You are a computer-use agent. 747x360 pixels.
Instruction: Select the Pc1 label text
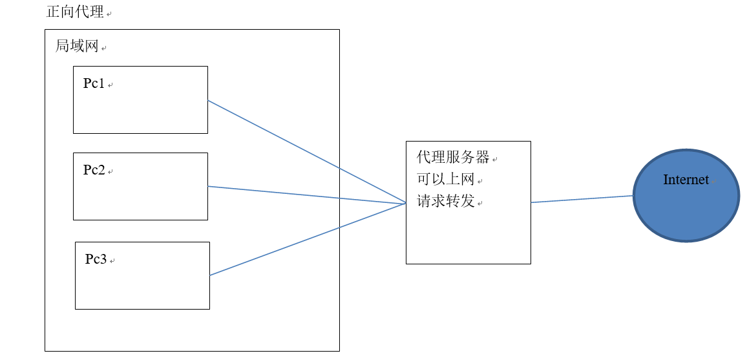tap(94, 83)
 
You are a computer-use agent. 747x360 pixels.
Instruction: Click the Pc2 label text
tap(94, 170)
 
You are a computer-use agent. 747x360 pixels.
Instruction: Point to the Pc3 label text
tap(96, 259)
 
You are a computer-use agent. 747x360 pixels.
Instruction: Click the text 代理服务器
tap(453, 158)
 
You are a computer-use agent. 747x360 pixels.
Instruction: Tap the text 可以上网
tap(446, 179)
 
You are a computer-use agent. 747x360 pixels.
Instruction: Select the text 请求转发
tap(446, 201)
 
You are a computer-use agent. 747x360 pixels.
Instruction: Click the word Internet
tap(686, 180)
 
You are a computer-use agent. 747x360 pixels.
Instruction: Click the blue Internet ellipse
tap(686, 213)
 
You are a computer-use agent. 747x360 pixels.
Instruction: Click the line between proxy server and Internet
tap(582, 199)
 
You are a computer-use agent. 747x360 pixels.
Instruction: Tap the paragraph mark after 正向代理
tap(108, 14)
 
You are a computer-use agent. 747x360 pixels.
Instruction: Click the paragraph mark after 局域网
tap(103, 48)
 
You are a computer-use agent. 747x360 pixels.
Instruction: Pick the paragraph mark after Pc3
tap(112, 261)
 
